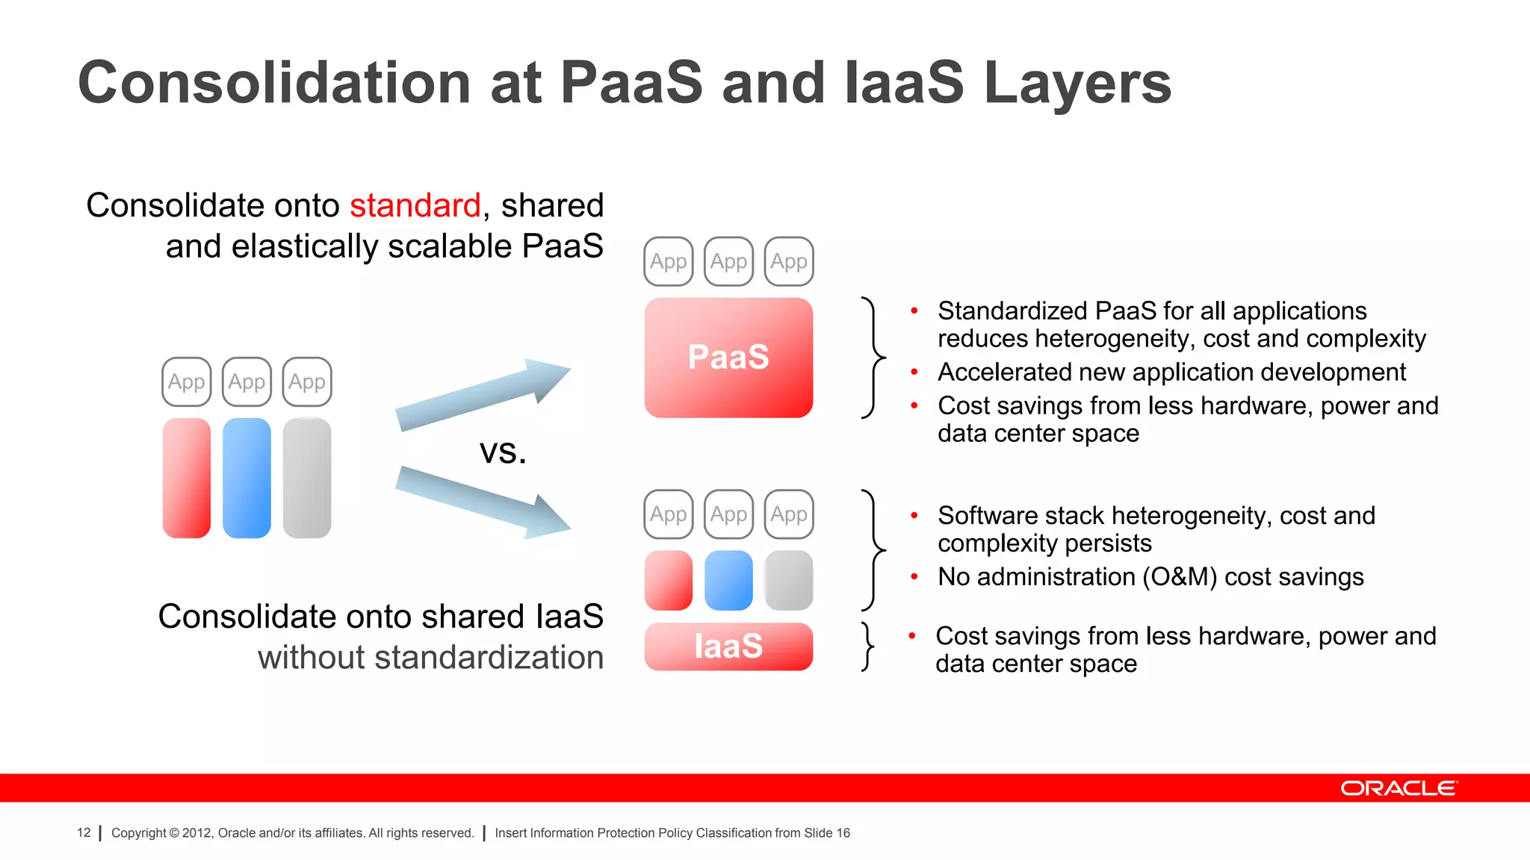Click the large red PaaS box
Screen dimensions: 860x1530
pyautogui.click(x=728, y=358)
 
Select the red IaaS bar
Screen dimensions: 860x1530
pyautogui.click(x=728, y=646)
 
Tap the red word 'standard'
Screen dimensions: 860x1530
pyautogui.click(x=415, y=205)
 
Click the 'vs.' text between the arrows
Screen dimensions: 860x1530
pyautogui.click(x=503, y=451)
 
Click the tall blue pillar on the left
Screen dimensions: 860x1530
pyautogui.click(x=247, y=478)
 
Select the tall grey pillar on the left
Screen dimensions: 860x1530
pyautogui.click(x=307, y=478)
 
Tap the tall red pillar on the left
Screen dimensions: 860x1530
pyautogui.click(x=187, y=478)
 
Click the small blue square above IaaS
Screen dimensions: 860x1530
pyautogui.click(x=728, y=580)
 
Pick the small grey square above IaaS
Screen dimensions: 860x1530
pyautogui.click(x=789, y=580)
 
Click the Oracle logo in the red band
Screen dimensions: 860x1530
pyautogui.click(x=1398, y=788)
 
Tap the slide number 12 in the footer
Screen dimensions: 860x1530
pyautogui.click(x=84, y=832)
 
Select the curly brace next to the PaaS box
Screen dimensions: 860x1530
pyautogui.click(x=872, y=358)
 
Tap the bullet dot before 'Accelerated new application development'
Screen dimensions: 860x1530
pyautogui.click(x=914, y=372)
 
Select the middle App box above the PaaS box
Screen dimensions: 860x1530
pyautogui.click(x=728, y=261)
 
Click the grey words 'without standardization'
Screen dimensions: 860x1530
pyautogui.click(x=430, y=658)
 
